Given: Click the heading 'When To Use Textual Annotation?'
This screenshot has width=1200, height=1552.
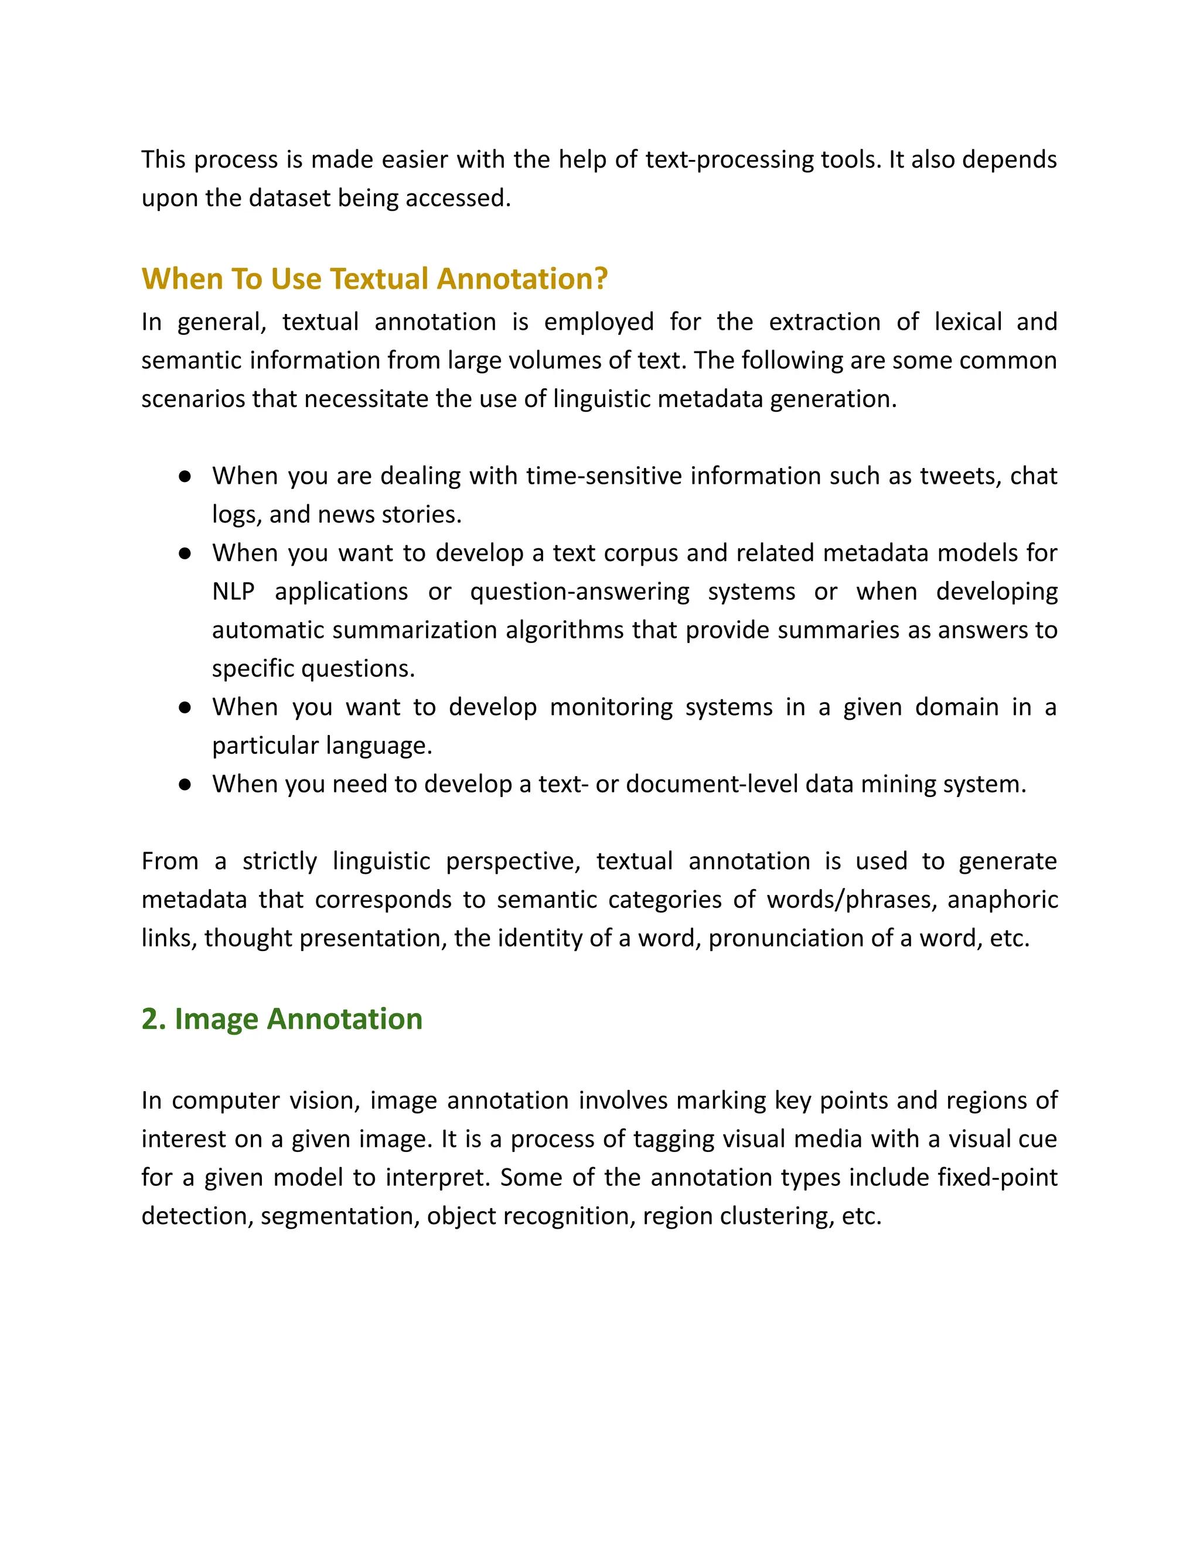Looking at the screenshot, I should [x=374, y=279].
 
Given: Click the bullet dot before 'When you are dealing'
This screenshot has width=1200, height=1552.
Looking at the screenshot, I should [x=185, y=476].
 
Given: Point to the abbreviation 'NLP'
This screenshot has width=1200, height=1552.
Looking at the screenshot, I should [x=233, y=592].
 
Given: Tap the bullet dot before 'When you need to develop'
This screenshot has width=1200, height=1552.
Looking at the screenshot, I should [x=185, y=785].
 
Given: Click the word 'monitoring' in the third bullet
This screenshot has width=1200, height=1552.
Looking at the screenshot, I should [x=611, y=707].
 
